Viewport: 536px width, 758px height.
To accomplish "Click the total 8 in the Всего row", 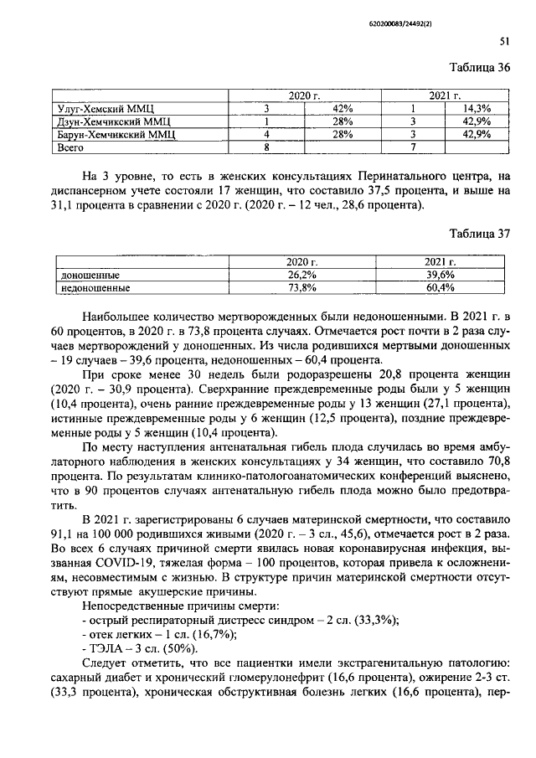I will pos(266,147).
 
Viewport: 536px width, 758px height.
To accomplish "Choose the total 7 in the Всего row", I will pos(413,147).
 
